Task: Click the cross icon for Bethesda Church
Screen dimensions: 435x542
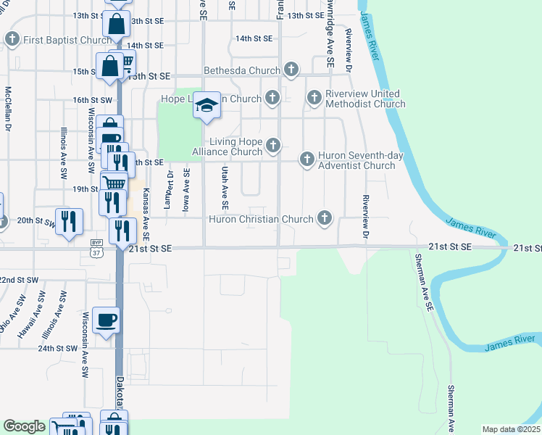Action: point(291,70)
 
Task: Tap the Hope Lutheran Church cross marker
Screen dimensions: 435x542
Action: point(272,97)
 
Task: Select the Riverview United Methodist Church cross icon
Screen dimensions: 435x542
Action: point(314,97)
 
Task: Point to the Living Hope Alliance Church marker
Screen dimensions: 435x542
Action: point(273,146)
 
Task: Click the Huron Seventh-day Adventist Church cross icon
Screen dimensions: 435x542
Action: point(307,159)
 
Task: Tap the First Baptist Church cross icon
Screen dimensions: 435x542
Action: point(12,40)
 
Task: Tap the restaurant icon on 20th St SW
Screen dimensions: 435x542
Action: point(69,219)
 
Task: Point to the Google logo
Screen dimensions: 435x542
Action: point(24,427)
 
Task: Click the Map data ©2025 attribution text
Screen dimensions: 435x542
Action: point(510,429)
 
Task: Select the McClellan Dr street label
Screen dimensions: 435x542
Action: point(9,109)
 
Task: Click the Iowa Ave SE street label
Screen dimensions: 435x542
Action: point(187,188)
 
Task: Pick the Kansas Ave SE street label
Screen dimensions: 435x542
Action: point(146,204)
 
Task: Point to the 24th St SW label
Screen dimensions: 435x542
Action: point(57,348)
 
